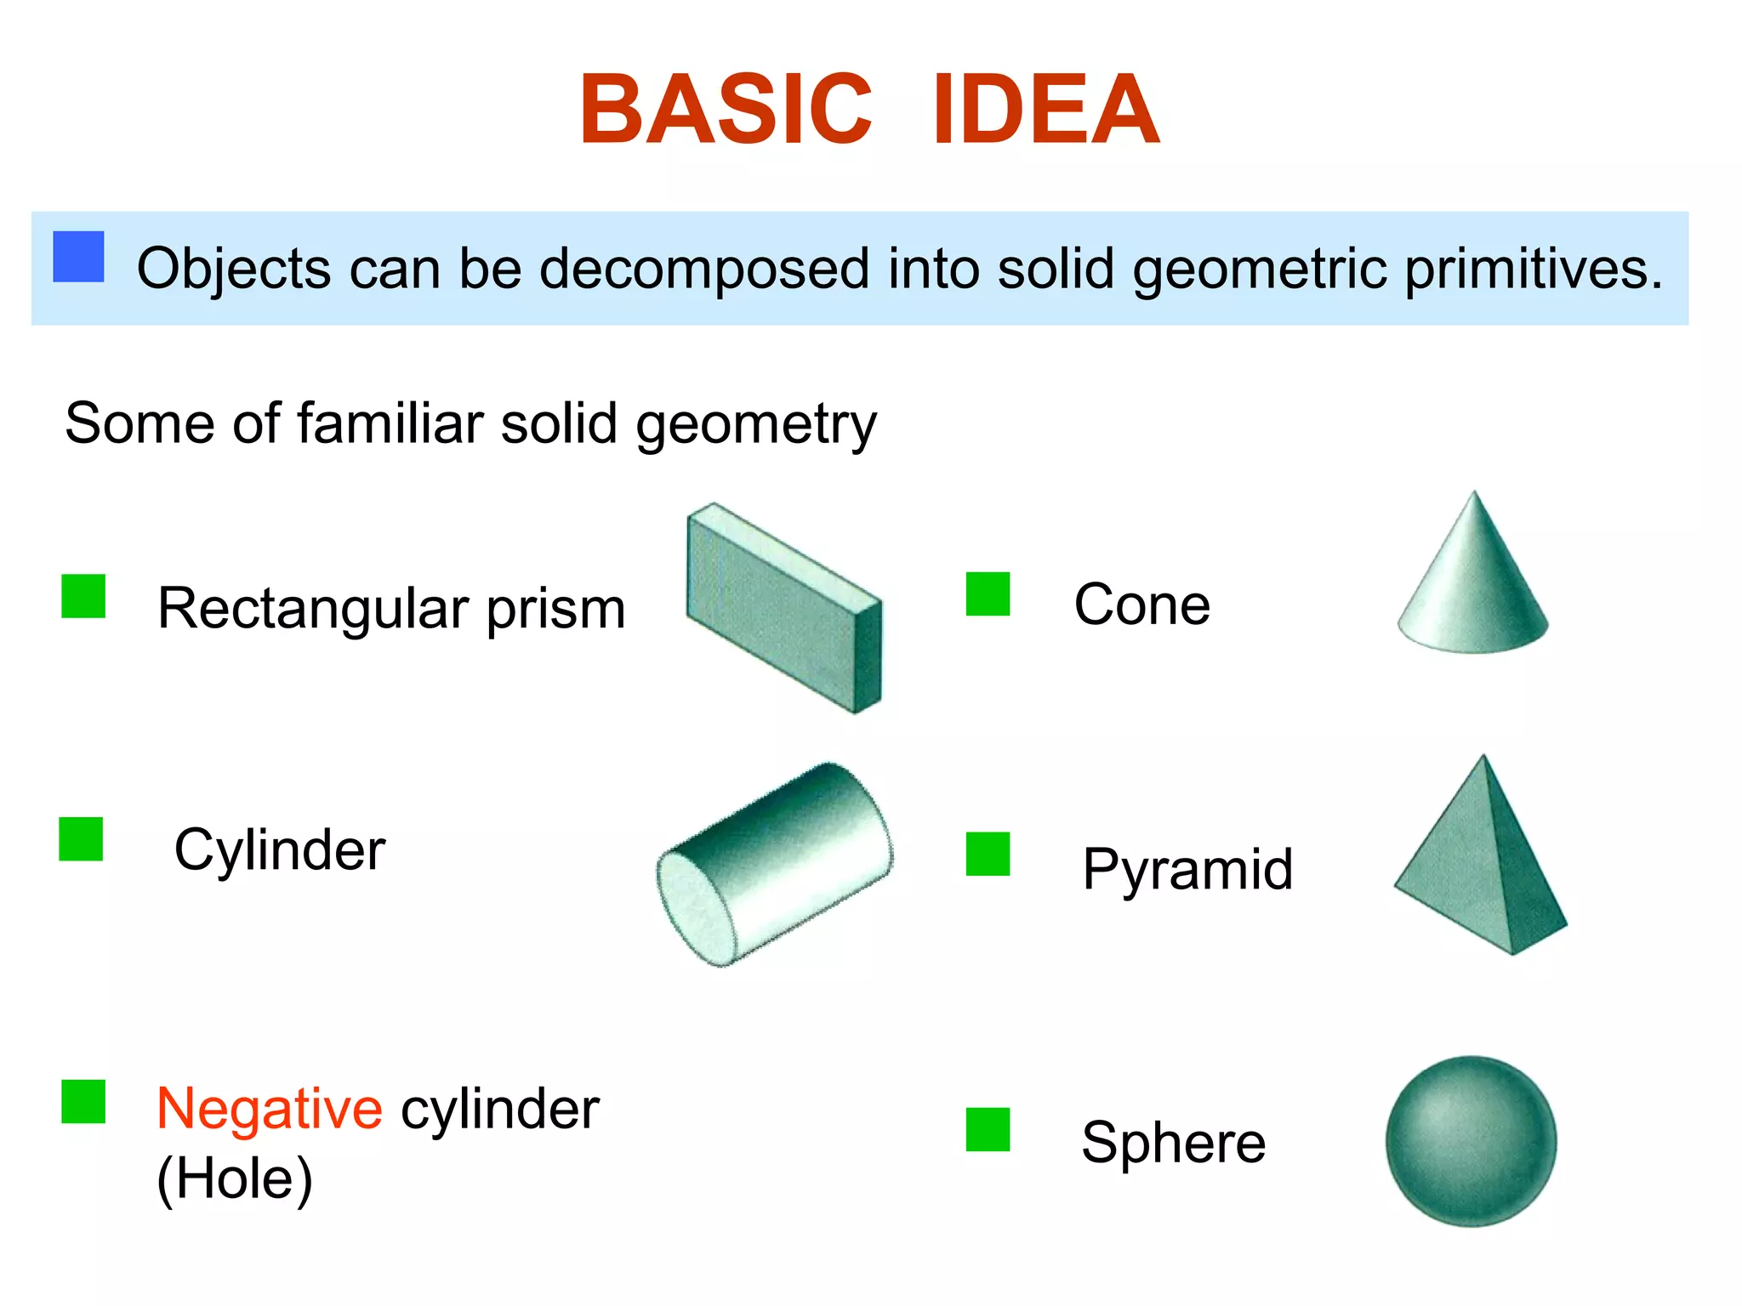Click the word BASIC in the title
[726, 111]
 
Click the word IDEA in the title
[1045, 111]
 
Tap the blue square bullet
[78, 257]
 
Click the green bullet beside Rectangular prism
[83, 596]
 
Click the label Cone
[1141, 605]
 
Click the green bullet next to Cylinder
[81, 839]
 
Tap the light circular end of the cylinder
[696, 908]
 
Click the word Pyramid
[1187, 869]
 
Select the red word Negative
[270, 1109]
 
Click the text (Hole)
[235, 1178]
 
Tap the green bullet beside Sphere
[988, 1129]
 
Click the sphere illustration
[1471, 1141]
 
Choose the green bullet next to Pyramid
[988, 854]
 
